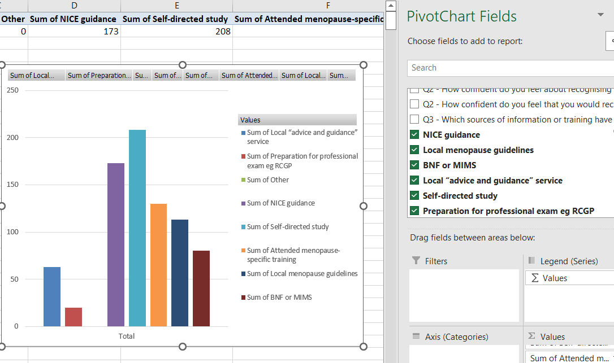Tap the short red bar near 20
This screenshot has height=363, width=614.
73,317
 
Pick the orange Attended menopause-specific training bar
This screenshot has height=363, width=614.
158,265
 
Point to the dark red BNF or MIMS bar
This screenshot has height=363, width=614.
201,288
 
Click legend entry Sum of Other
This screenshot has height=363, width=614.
267,180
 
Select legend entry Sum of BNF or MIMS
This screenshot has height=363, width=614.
279,298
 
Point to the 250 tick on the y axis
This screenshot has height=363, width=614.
12,90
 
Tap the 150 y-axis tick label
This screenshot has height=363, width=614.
12,185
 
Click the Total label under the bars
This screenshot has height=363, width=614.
127,336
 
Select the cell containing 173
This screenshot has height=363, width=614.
74,32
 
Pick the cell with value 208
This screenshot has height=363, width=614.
176,32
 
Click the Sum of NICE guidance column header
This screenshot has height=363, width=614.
73,19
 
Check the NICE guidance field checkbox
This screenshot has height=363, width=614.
414,135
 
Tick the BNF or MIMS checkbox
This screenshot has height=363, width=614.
414,165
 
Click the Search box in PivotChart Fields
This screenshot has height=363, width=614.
509,68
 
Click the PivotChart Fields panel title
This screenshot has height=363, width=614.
461,16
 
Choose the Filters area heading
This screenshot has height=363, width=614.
435,261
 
